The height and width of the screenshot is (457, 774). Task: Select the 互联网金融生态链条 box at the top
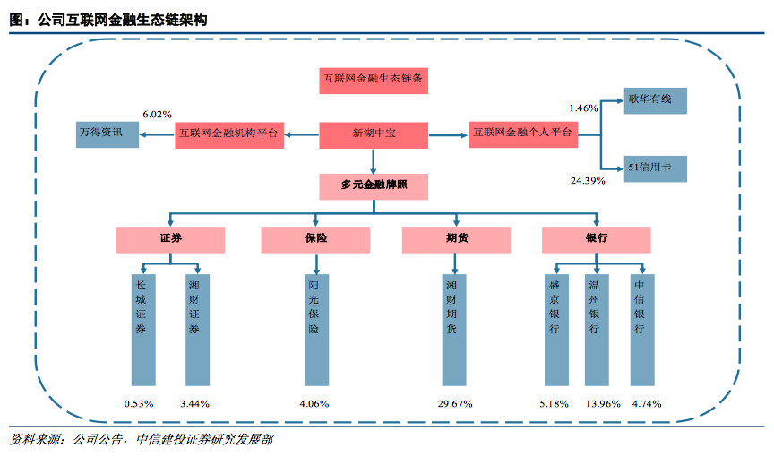374,81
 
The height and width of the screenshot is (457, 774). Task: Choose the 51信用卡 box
655,168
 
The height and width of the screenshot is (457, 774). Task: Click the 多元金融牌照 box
374,186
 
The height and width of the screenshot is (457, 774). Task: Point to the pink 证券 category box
169,239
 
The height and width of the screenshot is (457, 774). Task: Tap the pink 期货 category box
456,239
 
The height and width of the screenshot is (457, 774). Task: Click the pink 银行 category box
597,239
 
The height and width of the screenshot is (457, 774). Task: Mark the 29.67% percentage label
455,404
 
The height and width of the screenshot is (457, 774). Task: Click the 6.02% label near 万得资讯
157,115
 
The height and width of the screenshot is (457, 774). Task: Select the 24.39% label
587,181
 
